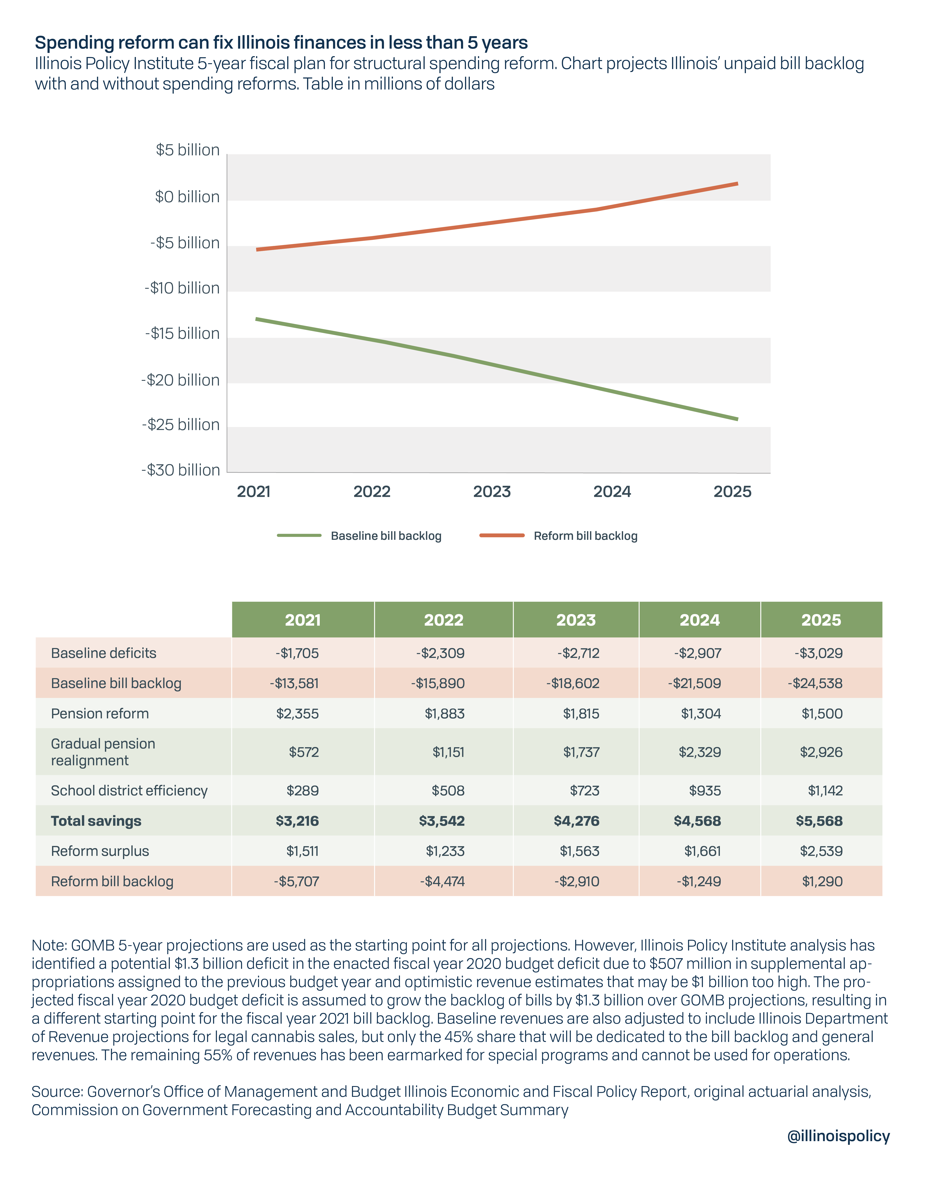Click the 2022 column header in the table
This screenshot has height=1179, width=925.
tap(444, 620)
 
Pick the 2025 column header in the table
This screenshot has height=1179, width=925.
tap(821, 620)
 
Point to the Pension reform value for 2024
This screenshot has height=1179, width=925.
tap(701, 714)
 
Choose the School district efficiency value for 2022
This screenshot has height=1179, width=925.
tap(448, 790)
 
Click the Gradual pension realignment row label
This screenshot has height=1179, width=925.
tap(103, 752)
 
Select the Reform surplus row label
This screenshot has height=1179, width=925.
tap(100, 851)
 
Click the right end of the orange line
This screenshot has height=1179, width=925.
tap(737, 184)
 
